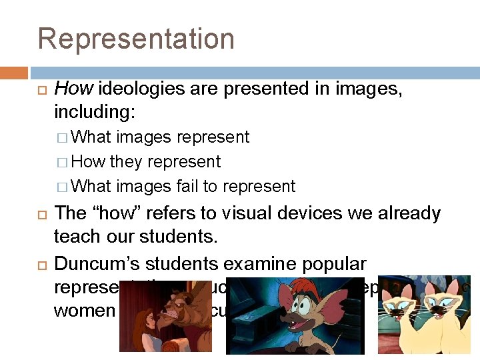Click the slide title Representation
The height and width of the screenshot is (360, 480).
click(136, 39)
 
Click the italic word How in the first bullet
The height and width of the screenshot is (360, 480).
click(68, 88)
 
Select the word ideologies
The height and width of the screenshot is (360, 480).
click(134, 88)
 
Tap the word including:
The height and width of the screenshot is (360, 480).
click(93, 111)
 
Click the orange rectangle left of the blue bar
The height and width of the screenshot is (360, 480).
click(13, 73)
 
